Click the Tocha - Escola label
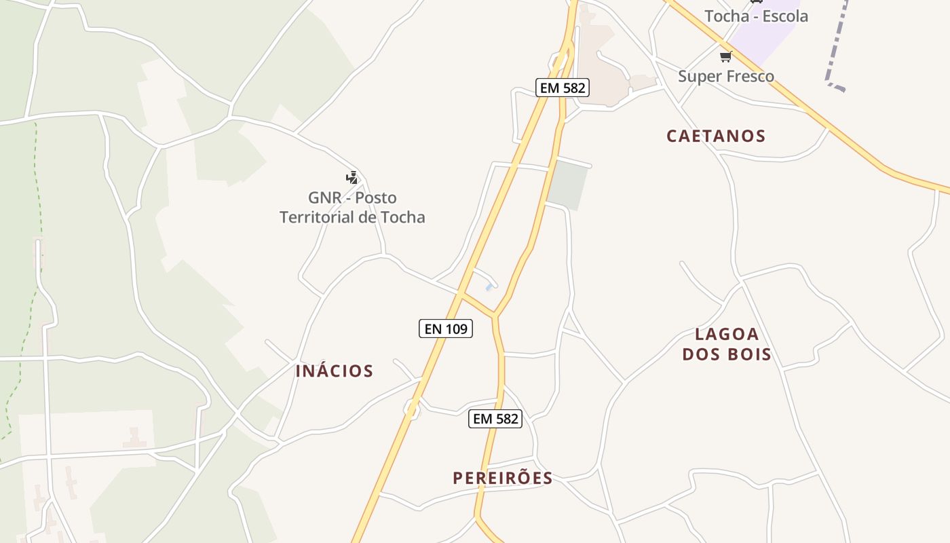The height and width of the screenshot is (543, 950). tap(756, 16)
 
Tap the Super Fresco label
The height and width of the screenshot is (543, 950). tap(726, 76)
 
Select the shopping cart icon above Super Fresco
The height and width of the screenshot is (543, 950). tap(726, 56)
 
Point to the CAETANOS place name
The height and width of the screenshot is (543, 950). tap(716, 136)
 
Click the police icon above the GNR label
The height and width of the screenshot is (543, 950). tap(351, 178)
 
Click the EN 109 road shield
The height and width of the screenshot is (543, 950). tap(445, 329)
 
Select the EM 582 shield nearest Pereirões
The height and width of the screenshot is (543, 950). tap(495, 419)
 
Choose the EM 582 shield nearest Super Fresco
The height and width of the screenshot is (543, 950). tap(562, 88)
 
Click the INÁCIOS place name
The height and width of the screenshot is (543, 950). tap(335, 371)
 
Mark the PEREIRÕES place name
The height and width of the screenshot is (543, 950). tap(503, 478)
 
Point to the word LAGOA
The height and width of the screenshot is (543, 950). tap(727, 334)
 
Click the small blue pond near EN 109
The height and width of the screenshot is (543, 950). tap(489, 288)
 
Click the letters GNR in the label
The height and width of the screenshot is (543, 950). tap(324, 198)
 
